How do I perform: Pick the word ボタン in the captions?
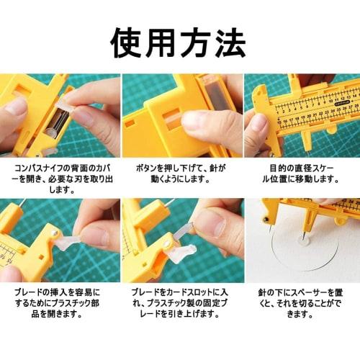point(148,166)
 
